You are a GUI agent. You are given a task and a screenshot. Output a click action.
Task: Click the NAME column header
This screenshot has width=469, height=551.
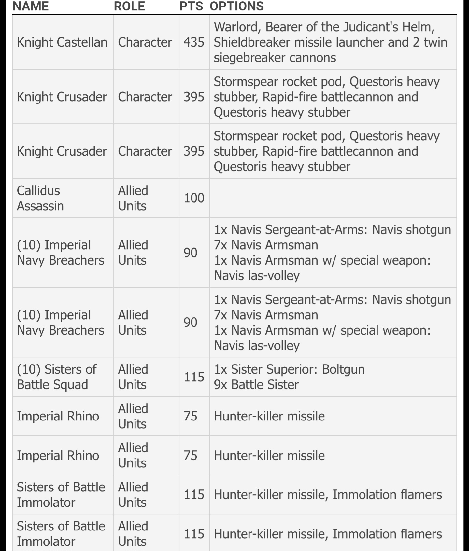point(31,6)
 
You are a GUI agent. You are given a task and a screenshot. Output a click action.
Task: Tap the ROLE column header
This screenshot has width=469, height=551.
point(129,6)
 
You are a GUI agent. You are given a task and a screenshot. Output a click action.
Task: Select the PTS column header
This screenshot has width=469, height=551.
point(191,6)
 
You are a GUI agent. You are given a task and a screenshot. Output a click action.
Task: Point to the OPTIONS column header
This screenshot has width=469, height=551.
point(237,6)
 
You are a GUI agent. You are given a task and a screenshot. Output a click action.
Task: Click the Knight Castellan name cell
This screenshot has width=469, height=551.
point(62,42)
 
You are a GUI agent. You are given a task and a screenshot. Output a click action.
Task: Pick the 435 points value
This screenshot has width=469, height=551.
point(194,42)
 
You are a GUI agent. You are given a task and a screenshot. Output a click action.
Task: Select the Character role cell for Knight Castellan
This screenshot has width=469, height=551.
point(145,42)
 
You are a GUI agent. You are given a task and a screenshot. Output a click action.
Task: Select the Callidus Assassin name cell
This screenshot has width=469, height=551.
point(40,198)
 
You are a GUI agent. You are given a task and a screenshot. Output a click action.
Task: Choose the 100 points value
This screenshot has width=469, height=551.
point(194,198)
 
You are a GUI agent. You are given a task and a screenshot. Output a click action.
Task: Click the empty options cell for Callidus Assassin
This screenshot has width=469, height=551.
point(332,198)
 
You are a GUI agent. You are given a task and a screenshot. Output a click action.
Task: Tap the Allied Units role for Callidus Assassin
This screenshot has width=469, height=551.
point(133,198)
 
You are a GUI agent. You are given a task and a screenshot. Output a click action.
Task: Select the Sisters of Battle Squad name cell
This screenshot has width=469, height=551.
point(56,377)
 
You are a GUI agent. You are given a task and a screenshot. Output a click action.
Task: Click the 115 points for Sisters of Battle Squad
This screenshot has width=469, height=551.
point(194,377)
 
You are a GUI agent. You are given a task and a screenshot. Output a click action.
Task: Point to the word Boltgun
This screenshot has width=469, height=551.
point(343,369)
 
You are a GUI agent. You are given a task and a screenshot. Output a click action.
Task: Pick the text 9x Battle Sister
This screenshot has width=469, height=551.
point(256,385)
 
